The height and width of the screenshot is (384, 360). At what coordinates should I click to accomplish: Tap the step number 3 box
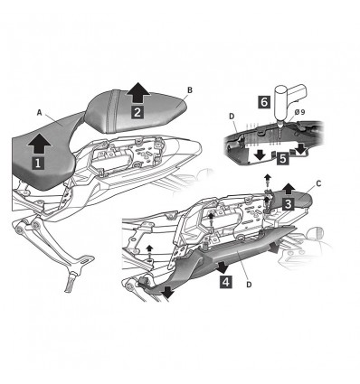[x=285, y=205]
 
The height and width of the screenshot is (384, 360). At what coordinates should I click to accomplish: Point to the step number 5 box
[x=282, y=156]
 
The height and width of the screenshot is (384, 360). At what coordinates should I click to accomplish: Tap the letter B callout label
[x=189, y=89]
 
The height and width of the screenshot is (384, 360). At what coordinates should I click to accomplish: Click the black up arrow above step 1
[x=40, y=142]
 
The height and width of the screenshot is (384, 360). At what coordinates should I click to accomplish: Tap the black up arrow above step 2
[x=137, y=91]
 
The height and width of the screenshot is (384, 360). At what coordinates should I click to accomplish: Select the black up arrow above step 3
[x=288, y=188]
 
